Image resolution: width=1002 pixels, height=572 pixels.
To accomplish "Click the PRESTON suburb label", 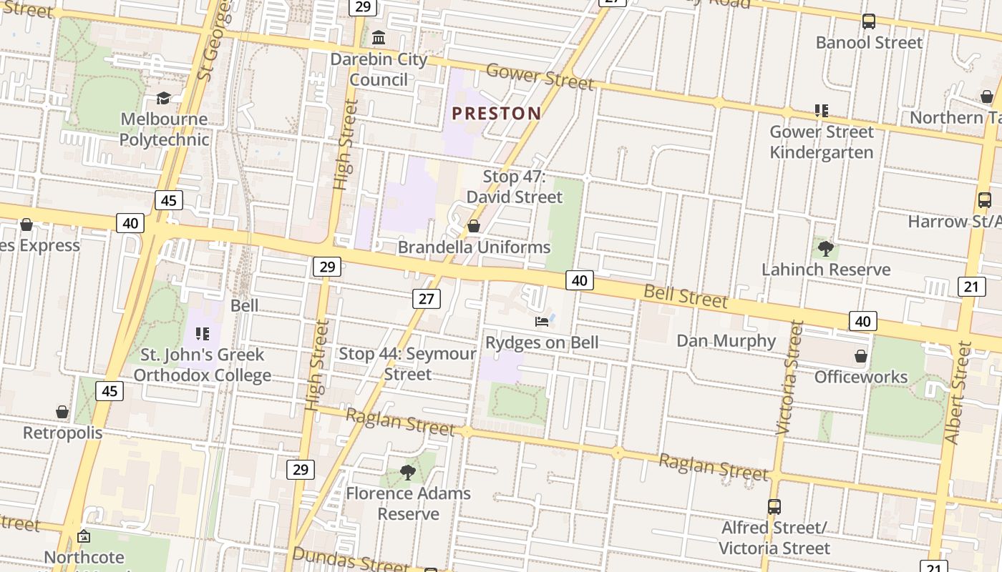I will [496, 113].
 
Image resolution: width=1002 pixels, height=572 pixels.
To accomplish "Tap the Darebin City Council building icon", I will [379, 37].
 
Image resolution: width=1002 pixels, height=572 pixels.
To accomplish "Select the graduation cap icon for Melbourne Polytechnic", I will [164, 98].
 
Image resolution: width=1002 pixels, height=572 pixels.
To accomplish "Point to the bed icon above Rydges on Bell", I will [542, 321].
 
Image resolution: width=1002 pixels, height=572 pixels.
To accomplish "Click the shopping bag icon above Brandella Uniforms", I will [473, 227].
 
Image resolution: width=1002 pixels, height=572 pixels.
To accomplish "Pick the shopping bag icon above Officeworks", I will [861, 355].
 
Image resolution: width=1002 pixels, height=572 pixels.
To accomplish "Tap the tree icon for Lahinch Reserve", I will [826, 249].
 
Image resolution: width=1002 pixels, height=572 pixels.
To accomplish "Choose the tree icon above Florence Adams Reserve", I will [408, 472].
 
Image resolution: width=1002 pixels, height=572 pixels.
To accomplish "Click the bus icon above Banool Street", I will [869, 21].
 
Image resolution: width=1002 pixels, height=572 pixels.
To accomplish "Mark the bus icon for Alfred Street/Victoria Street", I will [774, 507].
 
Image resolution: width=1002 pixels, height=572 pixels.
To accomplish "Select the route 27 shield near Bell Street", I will [426, 298].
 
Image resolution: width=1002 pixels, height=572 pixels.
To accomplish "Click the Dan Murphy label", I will [726, 340].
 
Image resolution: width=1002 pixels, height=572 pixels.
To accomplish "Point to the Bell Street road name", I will [685, 296].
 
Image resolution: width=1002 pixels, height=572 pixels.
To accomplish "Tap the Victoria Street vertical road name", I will [789, 378].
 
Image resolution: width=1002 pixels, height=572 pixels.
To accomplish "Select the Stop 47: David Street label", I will [515, 186].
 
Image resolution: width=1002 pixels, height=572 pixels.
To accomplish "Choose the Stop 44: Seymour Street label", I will [407, 363].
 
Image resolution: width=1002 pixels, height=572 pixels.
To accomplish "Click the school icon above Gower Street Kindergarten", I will [821, 111].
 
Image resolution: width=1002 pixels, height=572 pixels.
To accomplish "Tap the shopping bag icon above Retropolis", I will [62, 413].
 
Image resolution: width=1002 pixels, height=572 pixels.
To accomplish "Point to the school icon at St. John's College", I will [203, 334].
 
